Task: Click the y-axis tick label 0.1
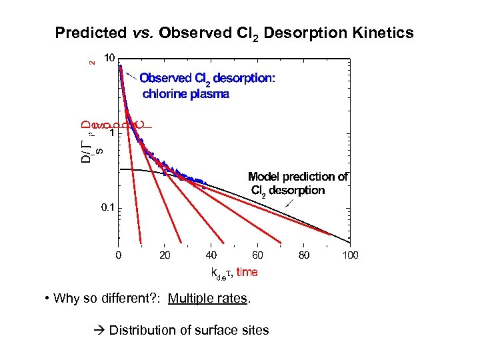(x=107, y=208)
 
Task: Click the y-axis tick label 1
(x=113, y=133)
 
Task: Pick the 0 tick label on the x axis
(x=119, y=255)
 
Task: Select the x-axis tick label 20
(x=165, y=255)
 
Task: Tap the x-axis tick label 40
(x=211, y=255)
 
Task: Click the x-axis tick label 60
(x=257, y=255)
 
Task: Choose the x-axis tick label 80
(x=303, y=255)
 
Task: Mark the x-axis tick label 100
(x=349, y=255)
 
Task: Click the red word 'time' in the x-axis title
(x=246, y=273)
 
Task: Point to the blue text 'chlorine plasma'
(x=186, y=94)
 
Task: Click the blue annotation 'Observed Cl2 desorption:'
(x=207, y=78)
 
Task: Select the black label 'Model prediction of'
(x=298, y=177)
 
